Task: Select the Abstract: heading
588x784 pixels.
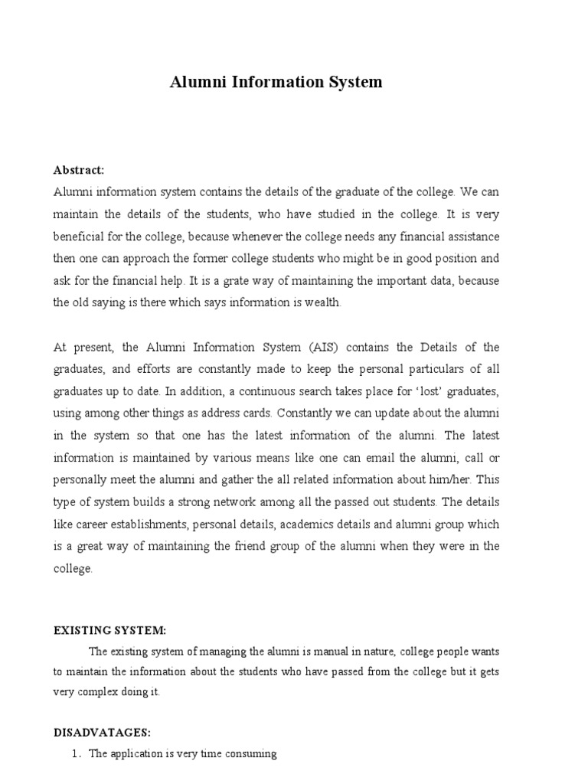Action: (79, 170)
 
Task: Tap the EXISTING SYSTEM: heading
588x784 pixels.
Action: (109, 630)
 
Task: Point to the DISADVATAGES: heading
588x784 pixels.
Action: (103, 733)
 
